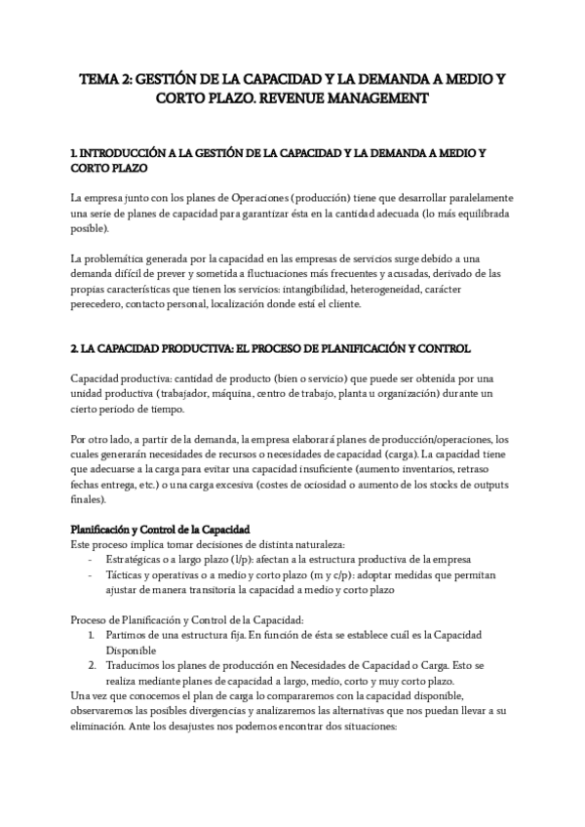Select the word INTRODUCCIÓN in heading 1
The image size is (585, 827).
120,154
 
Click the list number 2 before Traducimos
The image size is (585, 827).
90,665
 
